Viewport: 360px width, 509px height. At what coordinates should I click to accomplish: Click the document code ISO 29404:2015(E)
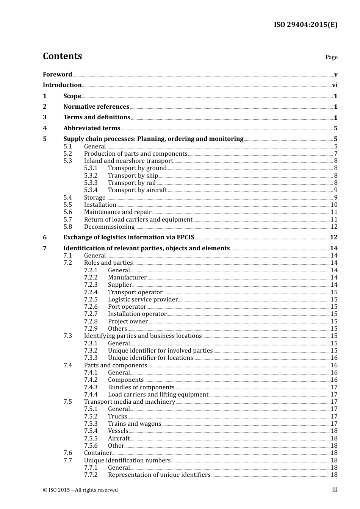(x=305, y=25)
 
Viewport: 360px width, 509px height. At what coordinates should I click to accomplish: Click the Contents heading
(x=62, y=56)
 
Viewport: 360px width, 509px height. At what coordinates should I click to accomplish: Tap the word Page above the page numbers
(x=331, y=57)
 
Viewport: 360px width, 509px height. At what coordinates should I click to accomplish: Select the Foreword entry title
(x=57, y=75)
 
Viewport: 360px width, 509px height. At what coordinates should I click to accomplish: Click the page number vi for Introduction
(x=335, y=85)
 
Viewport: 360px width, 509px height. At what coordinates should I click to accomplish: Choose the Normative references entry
(x=96, y=107)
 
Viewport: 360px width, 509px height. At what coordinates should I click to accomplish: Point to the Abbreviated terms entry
(x=92, y=128)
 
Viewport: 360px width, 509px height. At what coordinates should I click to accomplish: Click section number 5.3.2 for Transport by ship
(x=91, y=176)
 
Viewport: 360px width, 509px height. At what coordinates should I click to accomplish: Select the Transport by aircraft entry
(x=137, y=190)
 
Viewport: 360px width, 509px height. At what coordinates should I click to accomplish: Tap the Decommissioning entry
(x=109, y=227)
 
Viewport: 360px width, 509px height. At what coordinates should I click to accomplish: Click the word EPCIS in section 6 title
(x=185, y=237)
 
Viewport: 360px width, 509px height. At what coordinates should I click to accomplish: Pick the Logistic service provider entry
(x=142, y=300)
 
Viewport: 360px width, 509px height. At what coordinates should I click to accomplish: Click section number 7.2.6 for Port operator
(x=91, y=307)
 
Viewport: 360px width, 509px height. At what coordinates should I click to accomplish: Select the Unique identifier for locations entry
(x=150, y=358)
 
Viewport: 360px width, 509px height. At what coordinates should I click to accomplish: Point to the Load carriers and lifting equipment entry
(x=158, y=395)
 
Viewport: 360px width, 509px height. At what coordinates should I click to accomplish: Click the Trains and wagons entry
(x=135, y=424)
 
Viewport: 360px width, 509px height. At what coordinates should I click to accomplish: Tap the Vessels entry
(x=118, y=431)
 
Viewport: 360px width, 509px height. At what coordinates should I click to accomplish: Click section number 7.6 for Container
(x=68, y=453)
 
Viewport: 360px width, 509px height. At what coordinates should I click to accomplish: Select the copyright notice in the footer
(x=80, y=490)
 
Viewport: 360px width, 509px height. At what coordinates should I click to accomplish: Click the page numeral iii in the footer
(x=335, y=490)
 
